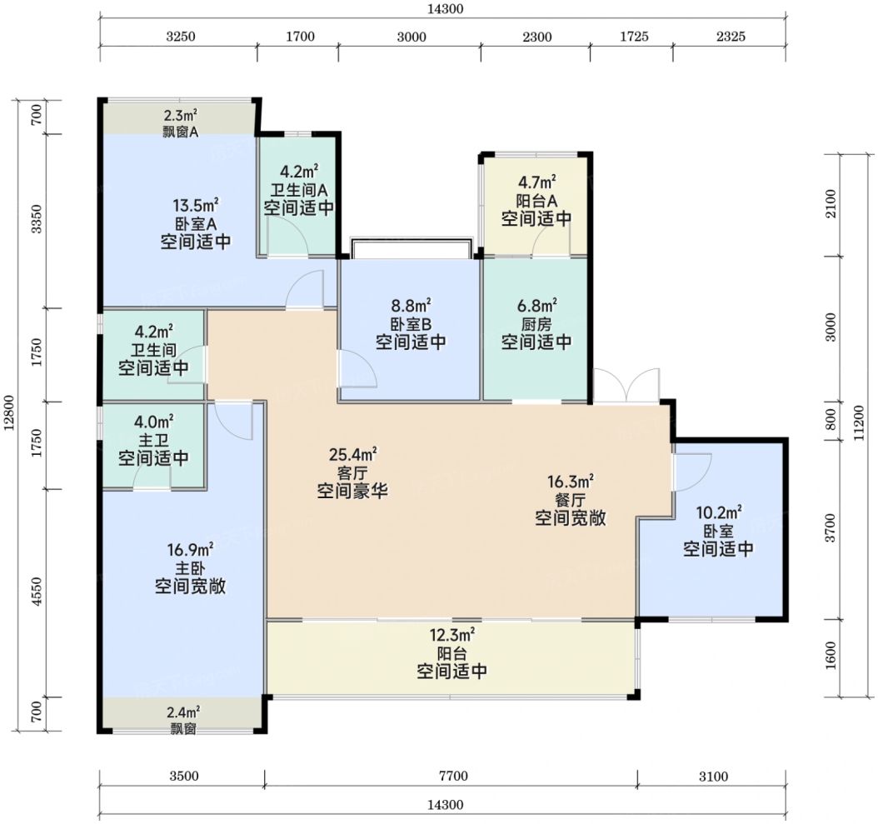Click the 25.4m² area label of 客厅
click(x=352, y=452)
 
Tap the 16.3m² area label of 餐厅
click(x=570, y=482)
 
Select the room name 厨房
click(x=536, y=324)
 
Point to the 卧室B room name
click(x=411, y=324)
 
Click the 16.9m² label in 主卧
click(x=191, y=549)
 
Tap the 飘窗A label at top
click(x=179, y=132)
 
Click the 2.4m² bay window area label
click(x=183, y=712)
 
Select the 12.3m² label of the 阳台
click(x=451, y=635)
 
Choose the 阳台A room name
click(x=536, y=200)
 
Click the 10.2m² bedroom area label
click(x=718, y=512)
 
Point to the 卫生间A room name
click(x=299, y=189)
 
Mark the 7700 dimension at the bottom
click(x=453, y=777)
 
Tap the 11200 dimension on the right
click(x=860, y=423)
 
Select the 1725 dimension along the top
click(x=634, y=37)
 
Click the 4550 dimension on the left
click(x=37, y=592)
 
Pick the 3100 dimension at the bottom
click(x=713, y=777)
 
